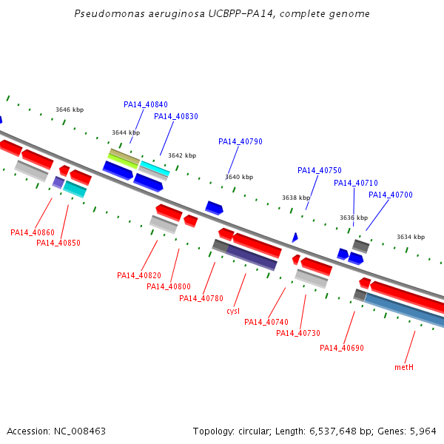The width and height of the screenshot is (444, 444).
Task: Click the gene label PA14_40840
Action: click(x=146, y=105)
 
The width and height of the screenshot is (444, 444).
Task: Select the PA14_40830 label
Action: click(x=176, y=116)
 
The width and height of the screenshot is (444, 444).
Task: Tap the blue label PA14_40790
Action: click(x=240, y=141)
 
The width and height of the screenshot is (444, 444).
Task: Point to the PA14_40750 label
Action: click(x=320, y=170)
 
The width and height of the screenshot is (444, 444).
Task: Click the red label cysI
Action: click(x=233, y=311)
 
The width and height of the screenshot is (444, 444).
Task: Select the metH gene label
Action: click(x=404, y=367)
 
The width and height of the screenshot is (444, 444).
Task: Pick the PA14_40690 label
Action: click(x=342, y=348)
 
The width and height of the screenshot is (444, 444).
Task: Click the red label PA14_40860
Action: click(x=33, y=232)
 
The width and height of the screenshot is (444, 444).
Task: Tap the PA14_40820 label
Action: click(x=139, y=275)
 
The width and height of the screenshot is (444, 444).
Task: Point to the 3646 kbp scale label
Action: click(x=70, y=110)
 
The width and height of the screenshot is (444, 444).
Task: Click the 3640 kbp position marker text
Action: click(x=239, y=177)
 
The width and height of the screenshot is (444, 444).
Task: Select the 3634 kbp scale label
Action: click(x=411, y=237)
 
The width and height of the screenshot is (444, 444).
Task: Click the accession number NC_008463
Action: click(x=80, y=431)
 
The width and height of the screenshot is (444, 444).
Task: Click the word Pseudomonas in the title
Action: click(x=110, y=14)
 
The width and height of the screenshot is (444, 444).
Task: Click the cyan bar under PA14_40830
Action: click(x=155, y=168)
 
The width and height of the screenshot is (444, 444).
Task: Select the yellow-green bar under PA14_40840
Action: click(x=123, y=161)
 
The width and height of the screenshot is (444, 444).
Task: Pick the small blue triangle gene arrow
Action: click(x=295, y=238)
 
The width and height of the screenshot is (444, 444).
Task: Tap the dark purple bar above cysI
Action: click(x=252, y=257)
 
